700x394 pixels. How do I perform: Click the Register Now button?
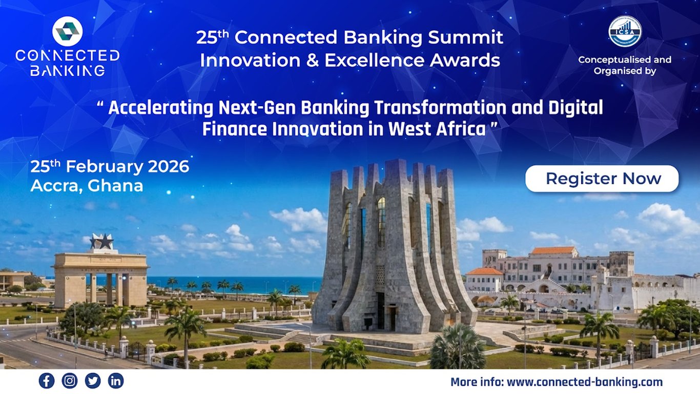tap(602, 179)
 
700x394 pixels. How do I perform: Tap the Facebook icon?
tap(47, 381)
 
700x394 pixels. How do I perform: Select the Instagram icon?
tap(70, 381)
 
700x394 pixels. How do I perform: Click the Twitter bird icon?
tap(93, 381)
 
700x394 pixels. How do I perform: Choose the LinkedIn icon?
tap(116, 381)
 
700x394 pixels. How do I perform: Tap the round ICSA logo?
tap(625, 31)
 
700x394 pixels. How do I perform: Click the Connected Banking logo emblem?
tap(68, 31)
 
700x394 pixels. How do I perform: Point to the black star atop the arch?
tap(101, 242)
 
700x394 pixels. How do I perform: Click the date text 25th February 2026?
tap(110, 167)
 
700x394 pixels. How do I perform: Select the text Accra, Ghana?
tap(87, 186)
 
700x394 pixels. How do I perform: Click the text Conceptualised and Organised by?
tap(625, 65)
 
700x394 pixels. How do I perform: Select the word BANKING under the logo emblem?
tap(68, 70)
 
